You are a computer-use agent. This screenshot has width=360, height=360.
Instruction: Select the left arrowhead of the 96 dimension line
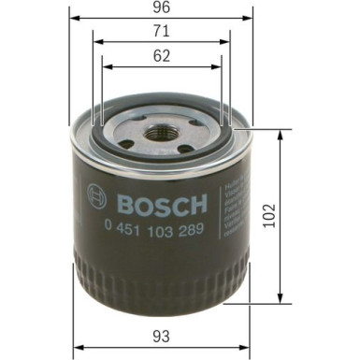(72, 19)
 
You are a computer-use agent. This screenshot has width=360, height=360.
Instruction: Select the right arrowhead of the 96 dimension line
(252, 19)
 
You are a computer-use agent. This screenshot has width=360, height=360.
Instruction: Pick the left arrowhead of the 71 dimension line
(96, 42)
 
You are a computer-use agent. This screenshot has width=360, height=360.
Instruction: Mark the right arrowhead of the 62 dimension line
(219, 67)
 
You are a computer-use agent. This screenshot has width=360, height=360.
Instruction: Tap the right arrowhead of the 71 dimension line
(227, 42)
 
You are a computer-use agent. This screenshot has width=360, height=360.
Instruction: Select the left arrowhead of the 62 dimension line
(105, 67)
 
